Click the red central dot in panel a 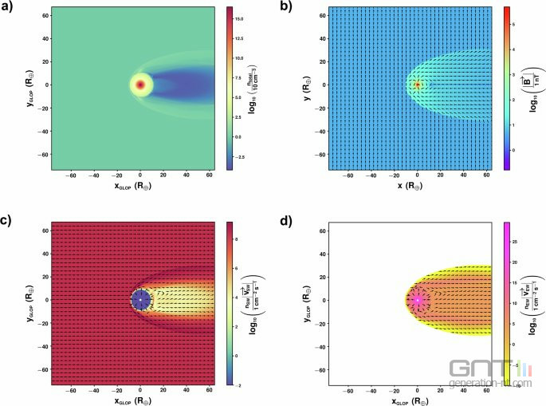tap(140, 85)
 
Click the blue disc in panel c tap(140, 301)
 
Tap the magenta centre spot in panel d tap(417, 301)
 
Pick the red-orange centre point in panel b tap(417, 85)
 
